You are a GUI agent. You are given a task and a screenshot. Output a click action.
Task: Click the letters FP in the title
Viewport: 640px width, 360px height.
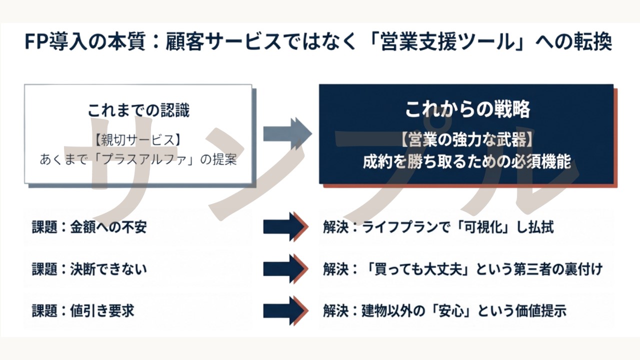click(35, 42)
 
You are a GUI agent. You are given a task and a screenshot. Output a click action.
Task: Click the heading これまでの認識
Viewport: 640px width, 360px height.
click(138, 110)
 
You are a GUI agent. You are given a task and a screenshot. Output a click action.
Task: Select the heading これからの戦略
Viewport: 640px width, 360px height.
click(467, 109)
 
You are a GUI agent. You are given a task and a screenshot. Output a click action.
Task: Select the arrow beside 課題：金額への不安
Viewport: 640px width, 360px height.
click(285, 227)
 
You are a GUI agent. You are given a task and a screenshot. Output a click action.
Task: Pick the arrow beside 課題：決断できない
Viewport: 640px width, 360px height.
click(285, 269)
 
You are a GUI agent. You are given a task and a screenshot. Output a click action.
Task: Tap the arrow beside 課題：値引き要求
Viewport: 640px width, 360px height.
click(285, 310)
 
